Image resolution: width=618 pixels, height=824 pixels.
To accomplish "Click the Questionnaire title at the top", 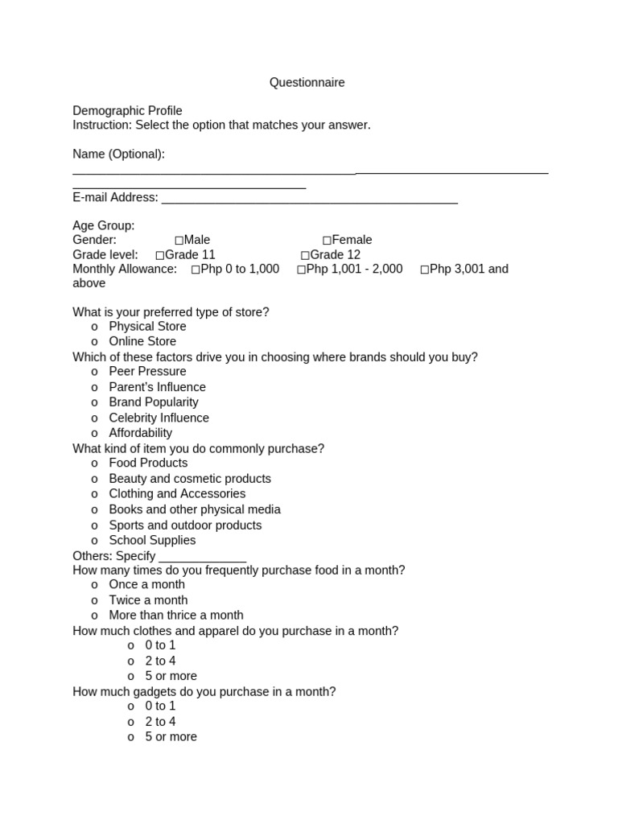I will click(x=307, y=83).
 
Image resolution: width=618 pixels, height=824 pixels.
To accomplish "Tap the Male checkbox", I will click(x=179, y=241).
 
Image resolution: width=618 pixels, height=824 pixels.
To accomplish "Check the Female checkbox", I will click(x=327, y=241).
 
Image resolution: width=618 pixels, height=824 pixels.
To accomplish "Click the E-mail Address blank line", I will click(x=310, y=201).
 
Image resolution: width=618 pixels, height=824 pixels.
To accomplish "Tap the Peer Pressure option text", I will click(x=147, y=372).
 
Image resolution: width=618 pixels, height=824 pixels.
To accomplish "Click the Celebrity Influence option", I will click(x=159, y=418).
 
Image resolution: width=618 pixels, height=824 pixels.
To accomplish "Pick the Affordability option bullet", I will click(x=95, y=434).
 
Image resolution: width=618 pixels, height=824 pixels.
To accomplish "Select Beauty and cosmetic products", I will click(x=190, y=479).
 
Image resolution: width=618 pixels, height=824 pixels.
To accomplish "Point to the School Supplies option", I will click(x=152, y=541).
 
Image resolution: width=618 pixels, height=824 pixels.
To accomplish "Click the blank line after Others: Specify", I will click(x=203, y=559).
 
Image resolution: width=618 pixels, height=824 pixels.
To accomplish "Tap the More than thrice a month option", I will click(x=176, y=616).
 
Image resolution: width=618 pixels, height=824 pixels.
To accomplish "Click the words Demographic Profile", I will click(x=127, y=111).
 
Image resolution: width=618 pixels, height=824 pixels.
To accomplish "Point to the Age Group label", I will click(x=104, y=226).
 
